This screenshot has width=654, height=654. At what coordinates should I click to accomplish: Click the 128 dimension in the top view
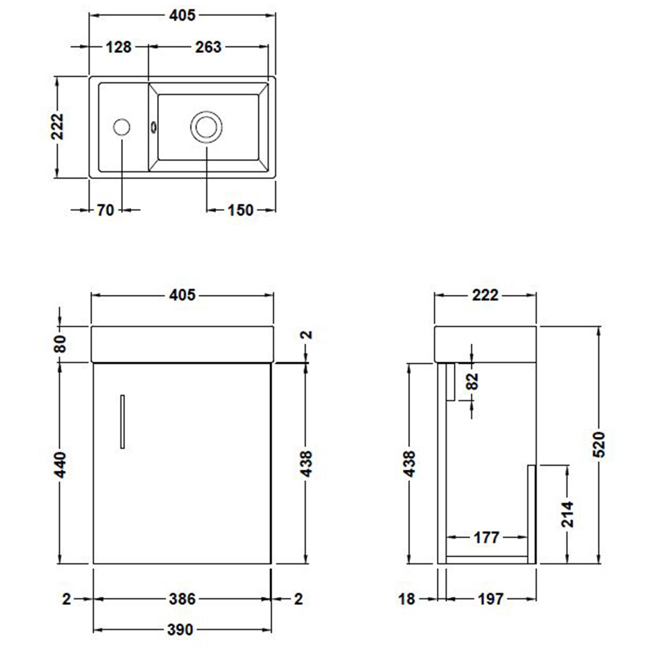(x=118, y=47)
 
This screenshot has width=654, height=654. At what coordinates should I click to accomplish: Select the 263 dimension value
(x=207, y=47)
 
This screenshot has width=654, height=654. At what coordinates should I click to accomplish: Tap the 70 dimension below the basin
(x=105, y=210)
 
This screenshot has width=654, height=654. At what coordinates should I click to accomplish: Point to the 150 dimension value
(x=241, y=210)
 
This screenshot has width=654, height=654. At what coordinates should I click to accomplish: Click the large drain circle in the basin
(x=207, y=126)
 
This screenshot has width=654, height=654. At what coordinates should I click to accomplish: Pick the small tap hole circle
(x=122, y=126)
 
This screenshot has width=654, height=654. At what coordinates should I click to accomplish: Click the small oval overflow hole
(x=154, y=126)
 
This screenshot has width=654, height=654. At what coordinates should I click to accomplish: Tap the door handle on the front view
(x=122, y=422)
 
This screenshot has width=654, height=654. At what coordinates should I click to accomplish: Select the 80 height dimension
(x=60, y=343)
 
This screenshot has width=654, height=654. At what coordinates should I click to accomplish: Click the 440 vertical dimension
(x=60, y=464)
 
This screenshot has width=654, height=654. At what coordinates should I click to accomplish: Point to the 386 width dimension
(x=182, y=598)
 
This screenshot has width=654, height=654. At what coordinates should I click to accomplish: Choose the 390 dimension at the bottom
(x=180, y=630)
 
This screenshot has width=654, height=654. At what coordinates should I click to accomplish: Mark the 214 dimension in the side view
(x=566, y=514)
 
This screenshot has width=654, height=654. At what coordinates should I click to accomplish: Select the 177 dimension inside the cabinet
(x=486, y=538)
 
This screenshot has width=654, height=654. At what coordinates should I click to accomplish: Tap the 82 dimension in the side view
(x=473, y=381)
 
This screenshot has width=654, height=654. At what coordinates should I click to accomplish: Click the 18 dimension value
(x=407, y=598)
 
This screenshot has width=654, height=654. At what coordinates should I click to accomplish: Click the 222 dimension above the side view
(x=485, y=295)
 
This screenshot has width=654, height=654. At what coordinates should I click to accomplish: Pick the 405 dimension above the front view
(x=182, y=295)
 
